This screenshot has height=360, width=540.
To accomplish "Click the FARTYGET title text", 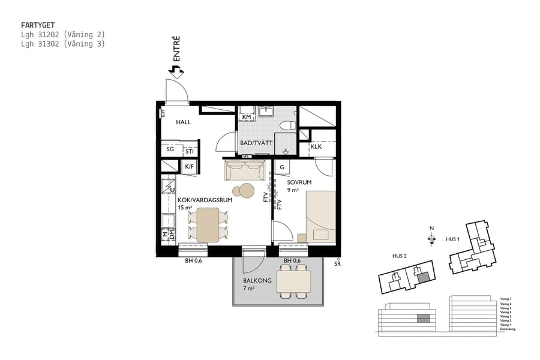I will [37, 26].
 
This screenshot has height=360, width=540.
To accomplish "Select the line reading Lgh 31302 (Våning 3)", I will [62, 44].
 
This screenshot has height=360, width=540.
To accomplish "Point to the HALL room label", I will [183, 122].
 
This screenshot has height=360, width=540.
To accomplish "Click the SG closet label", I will [170, 149].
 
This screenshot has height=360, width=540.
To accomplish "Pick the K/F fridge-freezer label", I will [188, 167].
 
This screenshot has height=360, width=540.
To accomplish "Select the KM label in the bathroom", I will [246, 117].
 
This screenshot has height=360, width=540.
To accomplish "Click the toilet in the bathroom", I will [287, 125].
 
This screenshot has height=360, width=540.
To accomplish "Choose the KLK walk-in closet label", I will [316, 146].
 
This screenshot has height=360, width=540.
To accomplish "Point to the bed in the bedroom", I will [320, 216].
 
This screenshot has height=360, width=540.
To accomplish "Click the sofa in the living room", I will [244, 171].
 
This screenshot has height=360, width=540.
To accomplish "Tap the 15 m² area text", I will [185, 208].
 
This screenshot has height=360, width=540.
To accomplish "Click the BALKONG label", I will [257, 280].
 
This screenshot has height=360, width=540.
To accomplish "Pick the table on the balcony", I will [293, 281].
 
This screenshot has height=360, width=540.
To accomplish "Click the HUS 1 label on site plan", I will [454, 239].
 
